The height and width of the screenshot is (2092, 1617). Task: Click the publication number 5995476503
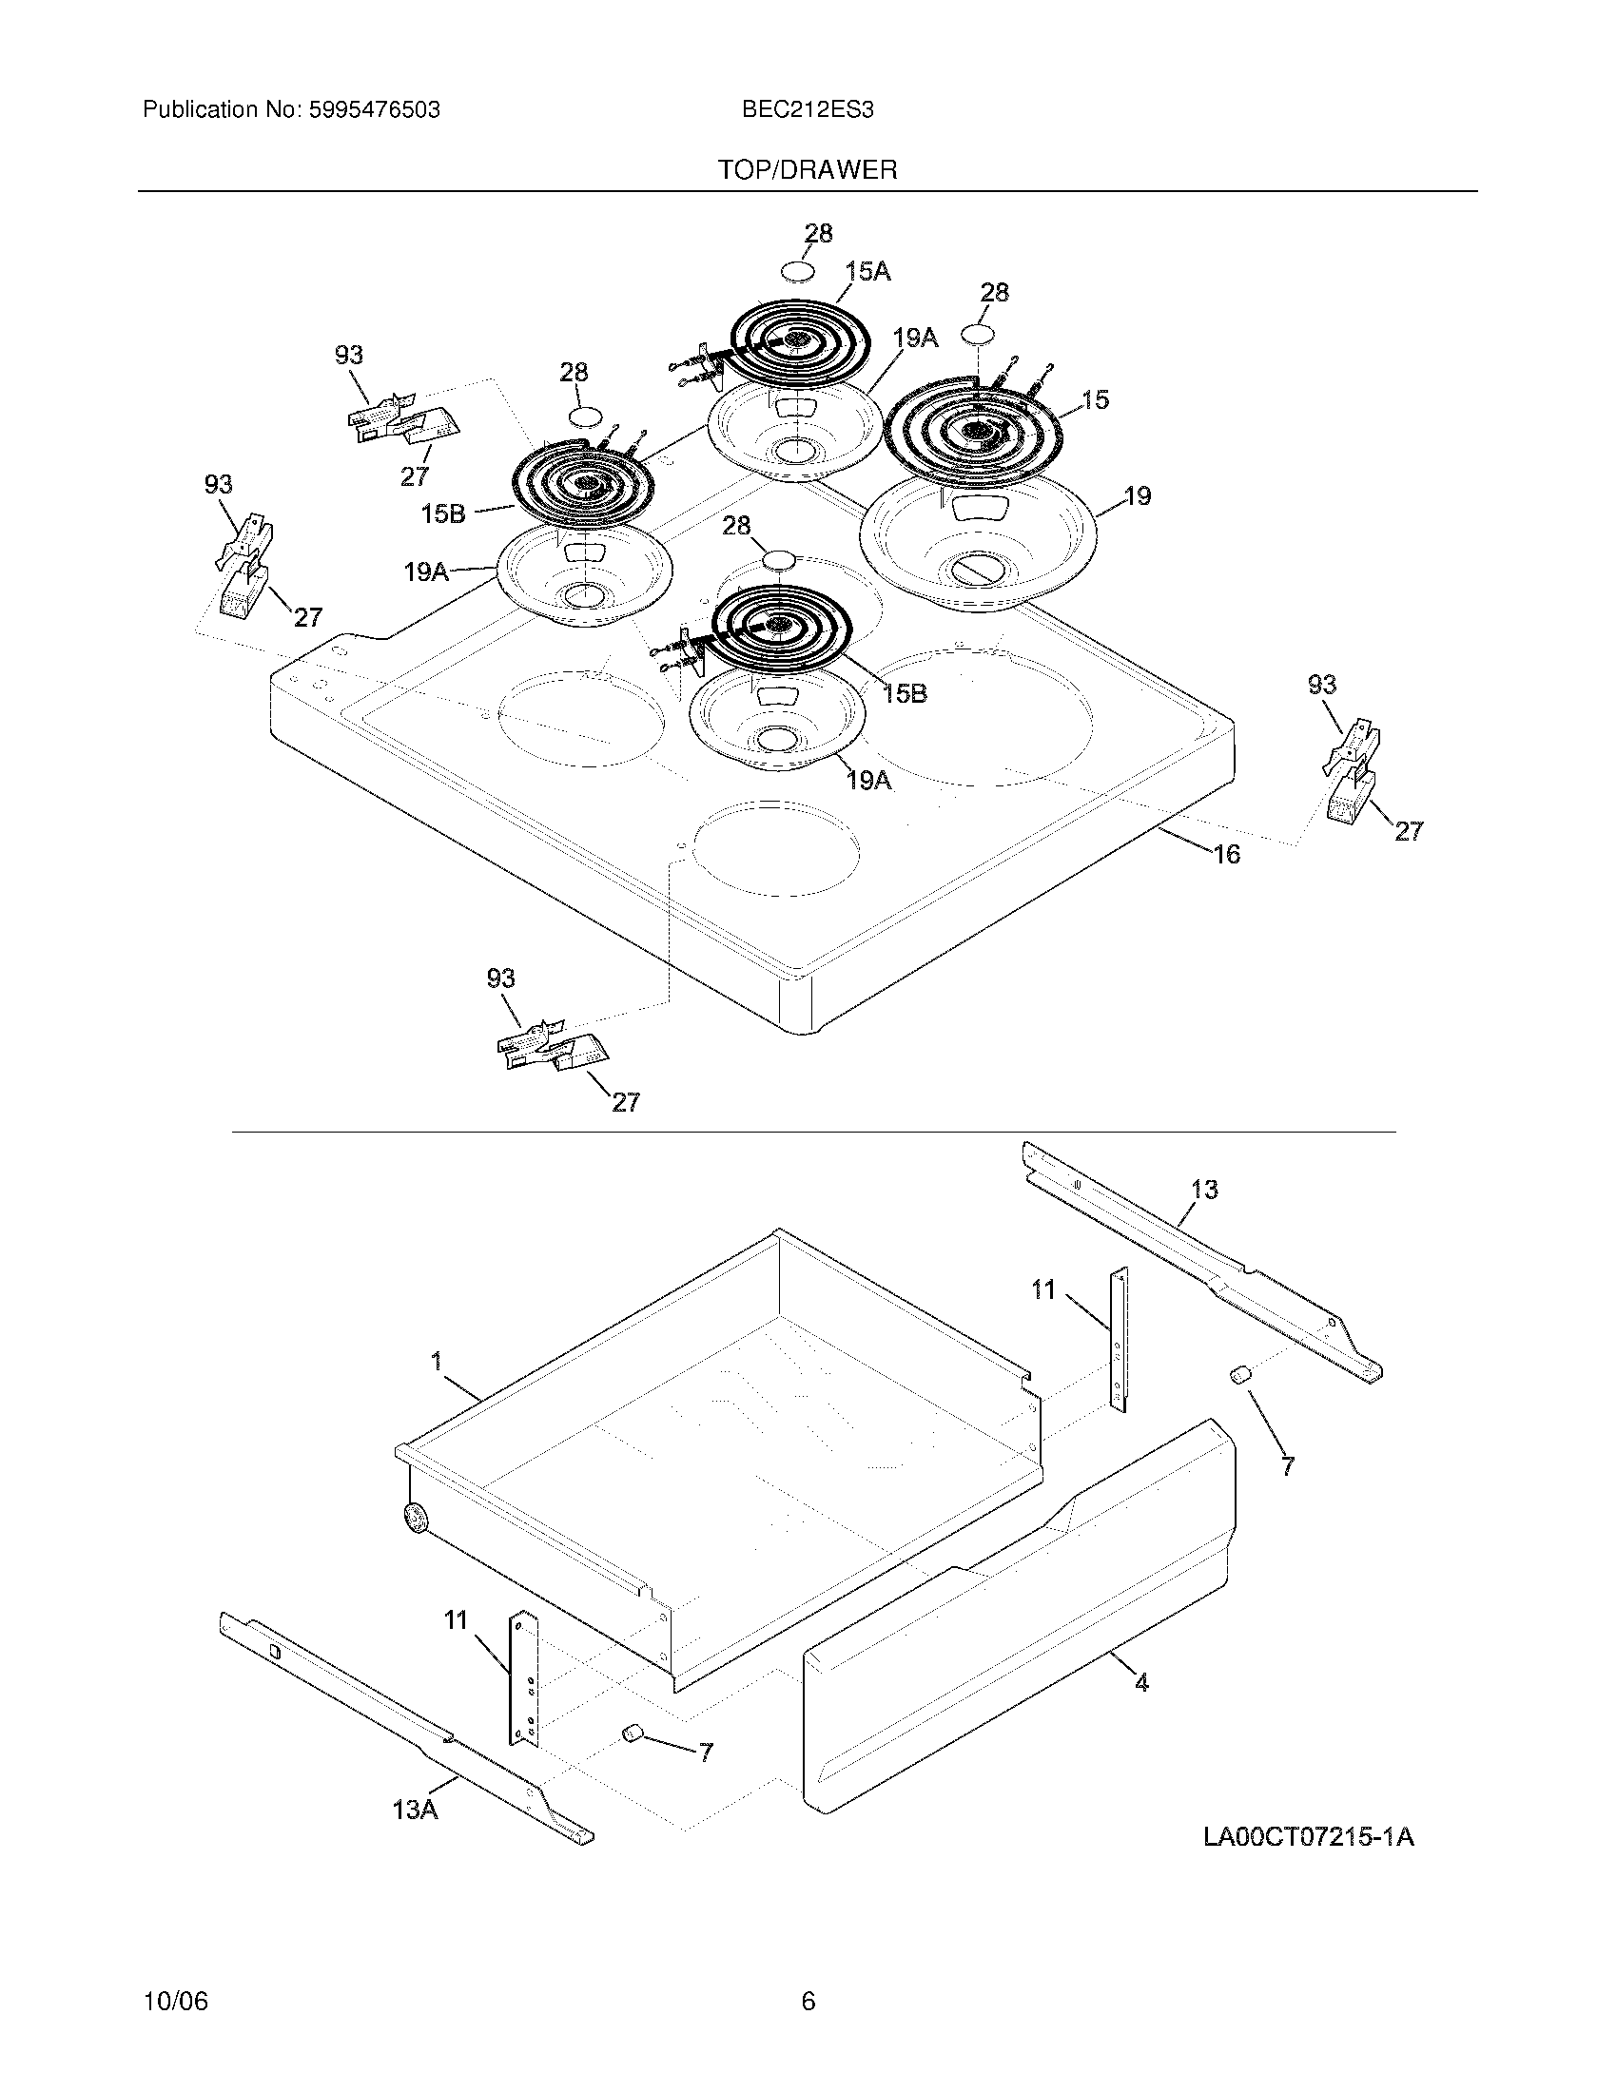374,110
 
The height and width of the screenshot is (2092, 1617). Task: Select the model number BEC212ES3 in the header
807,110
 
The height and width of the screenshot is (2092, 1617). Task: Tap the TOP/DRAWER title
808,170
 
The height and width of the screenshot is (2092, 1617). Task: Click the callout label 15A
867,272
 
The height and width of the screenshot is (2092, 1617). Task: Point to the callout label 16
1227,854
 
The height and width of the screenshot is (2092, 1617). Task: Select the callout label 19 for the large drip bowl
1137,496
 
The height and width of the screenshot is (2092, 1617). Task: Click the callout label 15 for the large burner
1095,399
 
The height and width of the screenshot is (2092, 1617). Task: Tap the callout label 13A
415,1810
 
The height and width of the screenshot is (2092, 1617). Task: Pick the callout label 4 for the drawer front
1140,1681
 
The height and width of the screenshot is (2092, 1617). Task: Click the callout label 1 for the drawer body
437,1360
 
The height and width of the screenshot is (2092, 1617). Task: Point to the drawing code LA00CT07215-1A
1309,1836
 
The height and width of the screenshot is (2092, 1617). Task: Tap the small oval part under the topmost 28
798,272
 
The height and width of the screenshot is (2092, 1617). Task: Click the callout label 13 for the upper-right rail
1204,1189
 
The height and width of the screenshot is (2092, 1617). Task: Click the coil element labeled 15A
800,340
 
